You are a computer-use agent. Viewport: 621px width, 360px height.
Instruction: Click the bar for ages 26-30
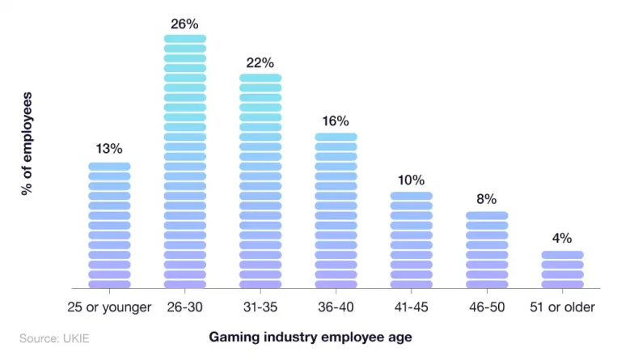[x=185, y=162]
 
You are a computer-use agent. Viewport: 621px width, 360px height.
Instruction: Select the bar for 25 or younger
[x=109, y=226]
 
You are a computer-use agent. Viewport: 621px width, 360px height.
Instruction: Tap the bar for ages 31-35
[x=260, y=181]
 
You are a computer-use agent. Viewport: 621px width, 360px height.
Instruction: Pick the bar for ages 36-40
[x=336, y=211]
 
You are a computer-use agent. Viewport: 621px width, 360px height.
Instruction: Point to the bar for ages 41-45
[x=412, y=240]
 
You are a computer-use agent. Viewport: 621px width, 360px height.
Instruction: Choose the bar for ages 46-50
[x=487, y=250]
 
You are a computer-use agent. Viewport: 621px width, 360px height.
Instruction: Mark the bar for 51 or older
[x=562, y=269]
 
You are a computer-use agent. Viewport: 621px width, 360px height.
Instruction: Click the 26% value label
[x=184, y=24]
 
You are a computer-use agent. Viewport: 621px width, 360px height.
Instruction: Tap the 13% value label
[x=109, y=149]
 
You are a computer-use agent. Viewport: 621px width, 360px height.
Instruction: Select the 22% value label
[x=260, y=63]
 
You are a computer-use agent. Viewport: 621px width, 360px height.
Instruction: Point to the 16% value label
[x=336, y=121]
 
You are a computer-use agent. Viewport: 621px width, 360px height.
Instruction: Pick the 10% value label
[x=411, y=180]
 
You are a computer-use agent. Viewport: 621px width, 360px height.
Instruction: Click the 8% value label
[x=487, y=199]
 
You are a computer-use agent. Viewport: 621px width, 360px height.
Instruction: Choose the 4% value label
[x=562, y=238]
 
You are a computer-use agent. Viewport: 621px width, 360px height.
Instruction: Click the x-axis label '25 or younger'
[x=109, y=307]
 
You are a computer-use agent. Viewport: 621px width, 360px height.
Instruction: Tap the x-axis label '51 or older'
[x=562, y=307]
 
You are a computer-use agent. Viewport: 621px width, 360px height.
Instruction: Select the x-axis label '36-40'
[x=336, y=307]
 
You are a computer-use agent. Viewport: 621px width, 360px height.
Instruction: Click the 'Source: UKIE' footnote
[x=54, y=337]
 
